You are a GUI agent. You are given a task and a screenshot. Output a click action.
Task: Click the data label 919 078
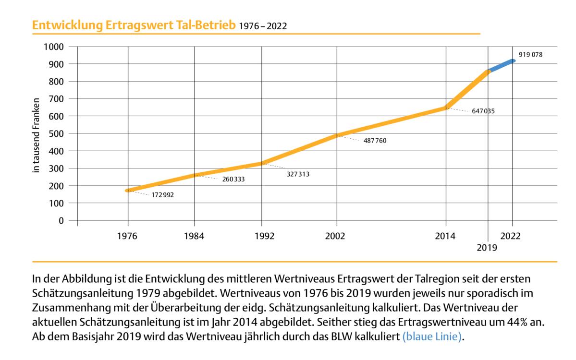[x=530, y=55]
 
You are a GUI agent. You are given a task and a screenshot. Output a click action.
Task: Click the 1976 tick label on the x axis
[x=127, y=236]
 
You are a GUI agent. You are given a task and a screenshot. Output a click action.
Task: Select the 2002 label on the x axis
[x=336, y=236]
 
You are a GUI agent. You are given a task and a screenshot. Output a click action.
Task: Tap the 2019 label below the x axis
[x=487, y=248]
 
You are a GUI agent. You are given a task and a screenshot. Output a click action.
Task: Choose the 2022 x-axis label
[x=513, y=236]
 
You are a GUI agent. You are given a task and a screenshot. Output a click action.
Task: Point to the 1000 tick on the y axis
[x=53, y=47]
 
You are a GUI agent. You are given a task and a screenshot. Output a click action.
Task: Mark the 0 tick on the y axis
[x=61, y=221]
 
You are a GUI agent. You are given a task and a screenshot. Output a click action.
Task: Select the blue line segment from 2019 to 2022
[x=501, y=66]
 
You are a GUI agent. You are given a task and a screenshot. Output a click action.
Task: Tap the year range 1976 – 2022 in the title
[x=263, y=26]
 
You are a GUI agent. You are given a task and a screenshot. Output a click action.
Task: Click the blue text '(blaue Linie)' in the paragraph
[x=432, y=336]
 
